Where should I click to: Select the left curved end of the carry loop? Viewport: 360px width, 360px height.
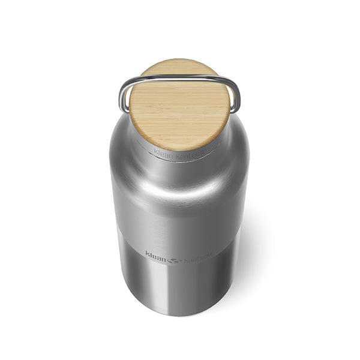124,96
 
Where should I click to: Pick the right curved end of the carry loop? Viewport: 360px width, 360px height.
236,96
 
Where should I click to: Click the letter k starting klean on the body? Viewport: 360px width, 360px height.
147,253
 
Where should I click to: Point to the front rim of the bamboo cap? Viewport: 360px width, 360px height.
180,146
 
